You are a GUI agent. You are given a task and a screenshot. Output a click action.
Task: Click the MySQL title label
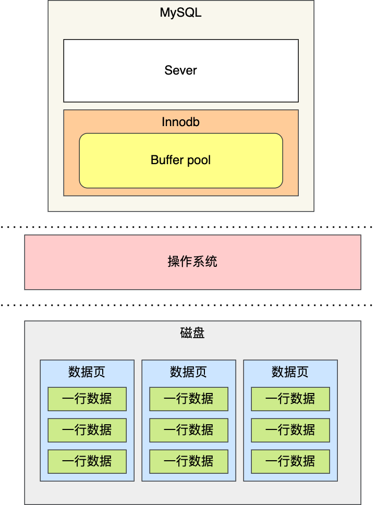pyautogui.click(x=180, y=13)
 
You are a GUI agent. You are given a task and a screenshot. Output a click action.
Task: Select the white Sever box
pyautogui.click(x=181, y=70)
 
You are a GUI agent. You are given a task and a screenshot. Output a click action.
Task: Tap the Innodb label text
pyautogui.click(x=180, y=122)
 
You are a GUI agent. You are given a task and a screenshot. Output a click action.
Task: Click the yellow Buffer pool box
pyautogui.click(x=181, y=160)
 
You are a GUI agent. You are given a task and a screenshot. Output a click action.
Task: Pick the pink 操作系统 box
pyautogui.click(x=192, y=262)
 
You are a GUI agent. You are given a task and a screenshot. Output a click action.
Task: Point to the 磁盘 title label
pyautogui.click(x=192, y=333)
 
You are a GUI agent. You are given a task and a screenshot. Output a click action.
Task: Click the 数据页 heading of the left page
pyautogui.click(x=87, y=372)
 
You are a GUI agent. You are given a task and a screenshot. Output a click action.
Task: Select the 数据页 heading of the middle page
pyautogui.click(x=189, y=372)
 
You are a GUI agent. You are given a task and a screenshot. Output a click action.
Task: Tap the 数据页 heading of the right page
pyautogui.click(x=290, y=372)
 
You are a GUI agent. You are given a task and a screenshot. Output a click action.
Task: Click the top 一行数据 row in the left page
pyautogui.click(x=87, y=399)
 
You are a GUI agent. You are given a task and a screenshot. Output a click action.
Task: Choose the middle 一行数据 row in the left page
pyautogui.click(x=87, y=430)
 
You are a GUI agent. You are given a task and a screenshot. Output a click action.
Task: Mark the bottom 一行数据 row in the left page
pyautogui.click(x=87, y=461)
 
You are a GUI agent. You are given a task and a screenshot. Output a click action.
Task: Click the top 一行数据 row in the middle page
pyautogui.click(x=189, y=399)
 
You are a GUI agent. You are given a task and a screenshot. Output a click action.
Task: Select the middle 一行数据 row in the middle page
pyautogui.click(x=189, y=430)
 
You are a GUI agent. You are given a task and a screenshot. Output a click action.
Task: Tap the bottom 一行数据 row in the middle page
pyautogui.click(x=189, y=461)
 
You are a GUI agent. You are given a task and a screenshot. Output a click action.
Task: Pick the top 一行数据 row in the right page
pyautogui.click(x=290, y=399)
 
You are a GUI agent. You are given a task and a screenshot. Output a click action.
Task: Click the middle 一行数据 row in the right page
pyautogui.click(x=290, y=430)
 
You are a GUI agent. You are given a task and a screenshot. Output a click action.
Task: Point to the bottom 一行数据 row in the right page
pyautogui.click(x=290, y=461)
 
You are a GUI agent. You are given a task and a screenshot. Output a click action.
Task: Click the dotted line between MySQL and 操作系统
pyautogui.click(x=188, y=227)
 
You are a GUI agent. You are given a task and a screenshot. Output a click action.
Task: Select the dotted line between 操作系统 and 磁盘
pyautogui.click(x=188, y=305)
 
